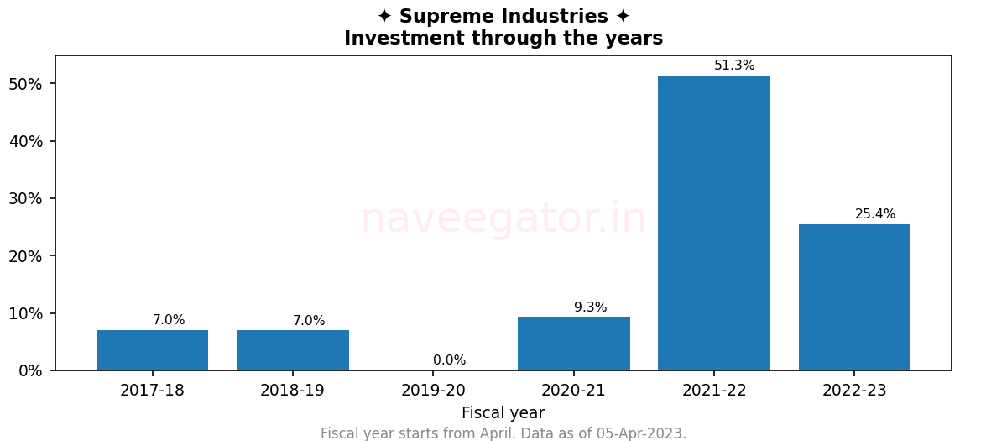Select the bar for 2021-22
pyautogui.click(x=713, y=223)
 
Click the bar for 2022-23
pyautogui.click(x=854, y=297)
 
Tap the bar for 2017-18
pyautogui.click(x=152, y=350)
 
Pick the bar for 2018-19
pyautogui.click(x=292, y=350)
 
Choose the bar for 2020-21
pyautogui.click(x=573, y=344)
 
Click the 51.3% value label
pyautogui.click(x=734, y=66)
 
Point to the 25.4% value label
pyautogui.click(x=875, y=214)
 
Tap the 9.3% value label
pyautogui.click(x=590, y=307)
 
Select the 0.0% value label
pyautogui.click(x=449, y=360)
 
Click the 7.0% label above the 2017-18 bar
pyautogui.click(x=169, y=320)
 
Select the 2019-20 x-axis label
pyautogui.click(x=433, y=391)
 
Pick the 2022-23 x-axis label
pyautogui.click(x=854, y=391)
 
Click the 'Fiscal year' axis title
pyautogui.click(x=503, y=413)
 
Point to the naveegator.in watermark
pyautogui.click(x=503, y=219)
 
